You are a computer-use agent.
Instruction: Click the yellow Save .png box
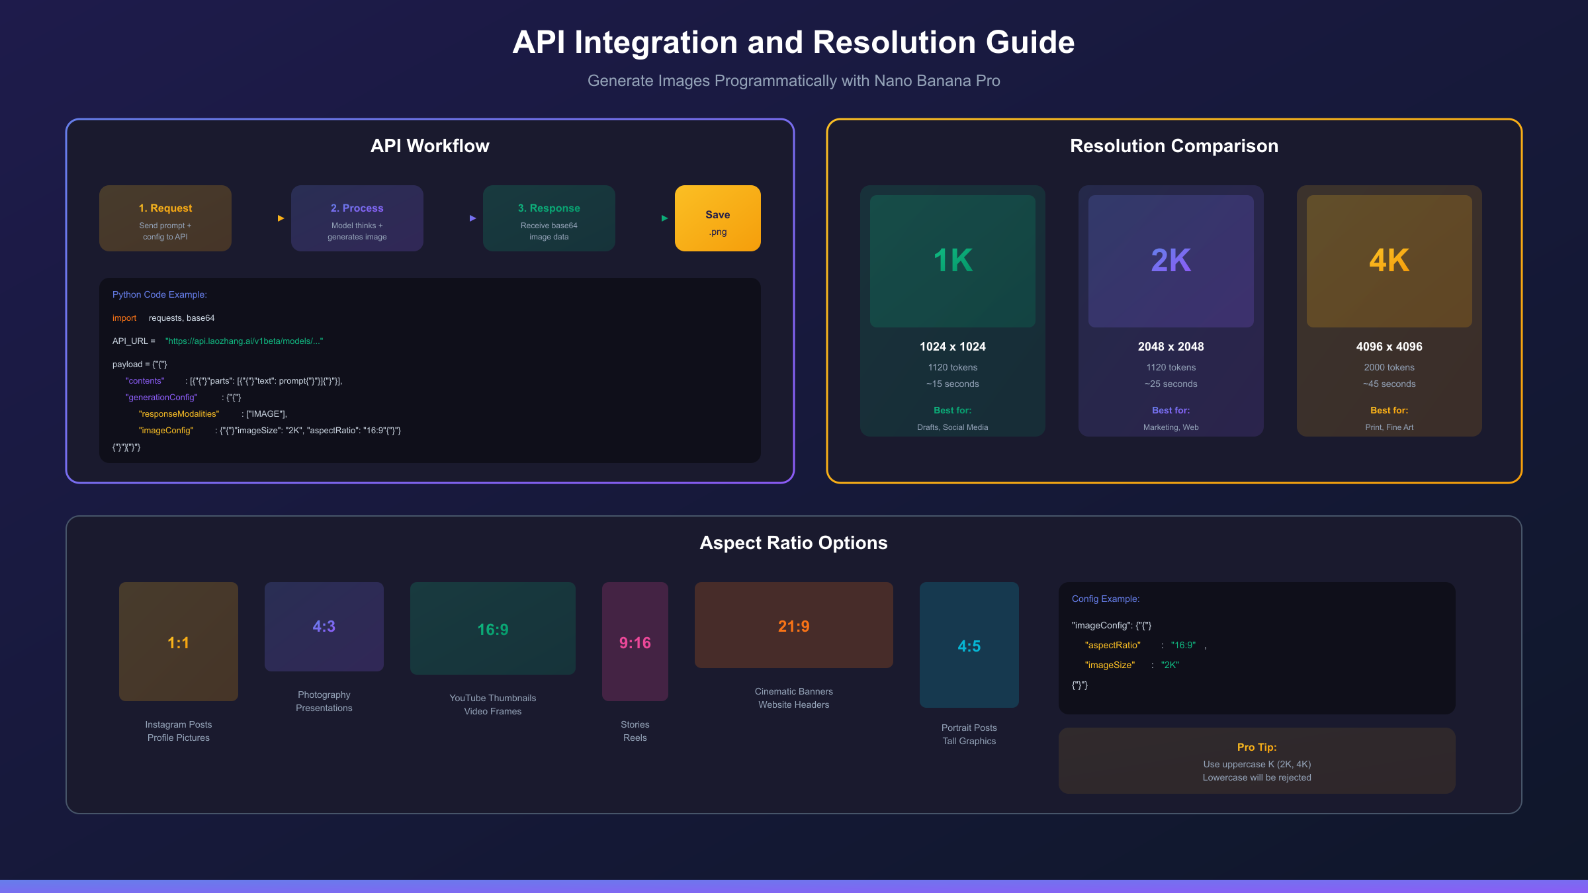(x=717, y=218)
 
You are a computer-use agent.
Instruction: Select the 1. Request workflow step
(x=165, y=218)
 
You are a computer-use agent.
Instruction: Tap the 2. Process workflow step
(x=357, y=218)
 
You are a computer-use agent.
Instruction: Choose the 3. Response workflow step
(x=549, y=218)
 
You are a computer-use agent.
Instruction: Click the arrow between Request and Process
(x=281, y=218)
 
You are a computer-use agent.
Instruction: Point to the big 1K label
(x=953, y=261)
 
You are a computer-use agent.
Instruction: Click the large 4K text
(x=1389, y=261)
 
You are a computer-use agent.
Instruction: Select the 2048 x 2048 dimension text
(x=1171, y=347)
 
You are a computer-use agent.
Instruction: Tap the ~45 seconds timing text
(x=1389, y=384)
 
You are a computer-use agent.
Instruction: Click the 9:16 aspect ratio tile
(x=635, y=642)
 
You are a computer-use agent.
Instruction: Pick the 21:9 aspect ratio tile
(x=794, y=625)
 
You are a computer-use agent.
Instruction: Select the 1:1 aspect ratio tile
(x=179, y=642)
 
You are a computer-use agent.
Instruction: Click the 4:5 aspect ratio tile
(x=969, y=645)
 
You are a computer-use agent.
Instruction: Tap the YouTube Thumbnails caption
(x=493, y=699)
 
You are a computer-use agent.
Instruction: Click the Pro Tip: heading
(x=1257, y=747)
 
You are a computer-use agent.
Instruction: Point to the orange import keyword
(x=124, y=318)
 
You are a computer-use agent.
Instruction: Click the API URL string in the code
(x=244, y=341)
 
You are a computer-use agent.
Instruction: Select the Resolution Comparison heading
(x=1174, y=146)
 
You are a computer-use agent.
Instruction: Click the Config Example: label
(x=1106, y=599)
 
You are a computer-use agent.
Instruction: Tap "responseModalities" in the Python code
(x=179, y=414)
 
